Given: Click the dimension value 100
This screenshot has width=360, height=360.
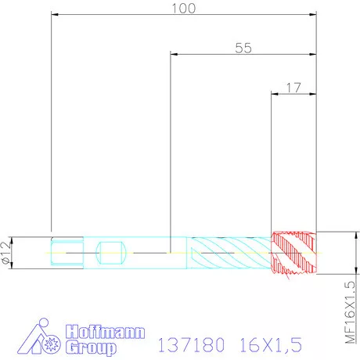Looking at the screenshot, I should (183, 8).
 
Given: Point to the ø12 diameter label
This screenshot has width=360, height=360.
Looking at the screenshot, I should (6, 253).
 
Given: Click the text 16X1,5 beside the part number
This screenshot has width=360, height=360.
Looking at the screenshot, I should (270, 344).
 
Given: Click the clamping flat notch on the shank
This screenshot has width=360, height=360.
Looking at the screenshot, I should (111, 253).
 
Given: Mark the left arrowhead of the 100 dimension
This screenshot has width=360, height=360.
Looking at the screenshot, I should (55, 14).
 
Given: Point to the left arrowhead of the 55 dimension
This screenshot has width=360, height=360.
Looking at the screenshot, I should (175, 54).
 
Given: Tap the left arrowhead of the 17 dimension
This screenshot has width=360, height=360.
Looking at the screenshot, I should (275, 94).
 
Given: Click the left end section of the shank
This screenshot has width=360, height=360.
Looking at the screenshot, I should (67, 253).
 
